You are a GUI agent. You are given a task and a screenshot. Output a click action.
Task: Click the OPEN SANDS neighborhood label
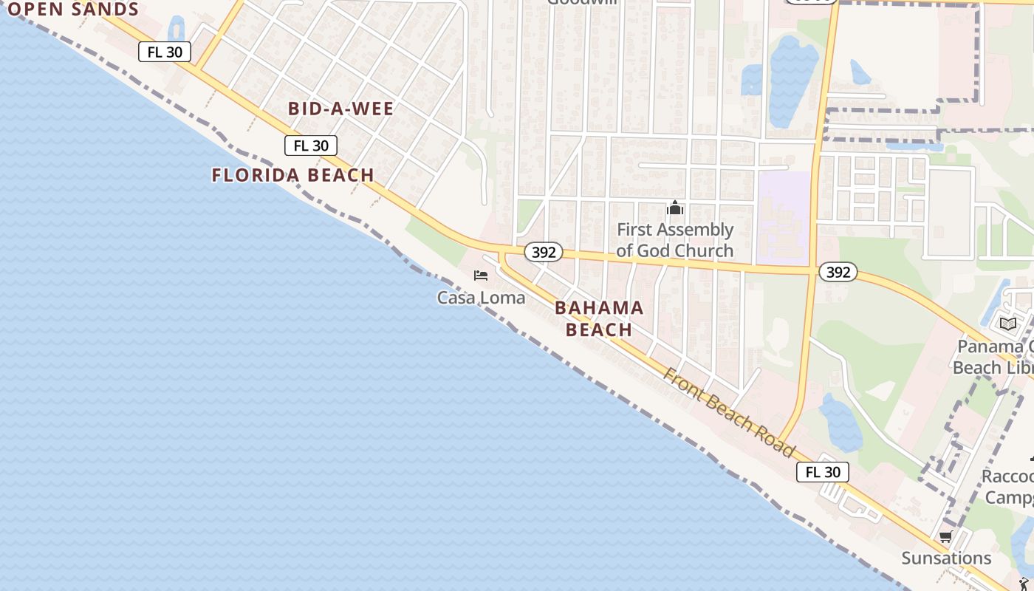point(72,10)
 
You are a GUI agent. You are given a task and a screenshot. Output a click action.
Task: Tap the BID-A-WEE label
point(340,109)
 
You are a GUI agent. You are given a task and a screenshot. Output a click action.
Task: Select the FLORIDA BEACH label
point(292,175)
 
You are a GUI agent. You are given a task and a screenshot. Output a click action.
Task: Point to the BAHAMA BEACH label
point(599,318)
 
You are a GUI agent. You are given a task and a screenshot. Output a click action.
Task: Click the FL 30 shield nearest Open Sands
point(165,52)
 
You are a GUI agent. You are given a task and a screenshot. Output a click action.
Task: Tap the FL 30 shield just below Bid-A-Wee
point(311,146)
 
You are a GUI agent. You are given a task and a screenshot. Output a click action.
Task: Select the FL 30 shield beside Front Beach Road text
point(822,472)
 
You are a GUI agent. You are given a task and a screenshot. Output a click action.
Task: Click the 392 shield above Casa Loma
point(544,253)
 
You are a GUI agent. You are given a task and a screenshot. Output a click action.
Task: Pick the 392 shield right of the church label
point(838,273)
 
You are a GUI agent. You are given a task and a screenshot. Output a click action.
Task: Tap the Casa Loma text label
point(481,298)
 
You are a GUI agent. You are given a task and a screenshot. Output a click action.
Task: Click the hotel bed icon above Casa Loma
point(481,276)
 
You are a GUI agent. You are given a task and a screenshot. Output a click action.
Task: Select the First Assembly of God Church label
point(674,240)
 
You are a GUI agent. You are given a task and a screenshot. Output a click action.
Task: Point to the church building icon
point(674,208)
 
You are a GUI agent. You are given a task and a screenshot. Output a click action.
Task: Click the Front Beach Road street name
point(728,412)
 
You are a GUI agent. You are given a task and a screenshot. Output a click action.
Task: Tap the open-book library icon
point(1007,324)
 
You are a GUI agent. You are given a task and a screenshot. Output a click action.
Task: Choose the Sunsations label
point(946,558)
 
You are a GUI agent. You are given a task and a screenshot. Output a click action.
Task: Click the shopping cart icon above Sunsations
point(945,537)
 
